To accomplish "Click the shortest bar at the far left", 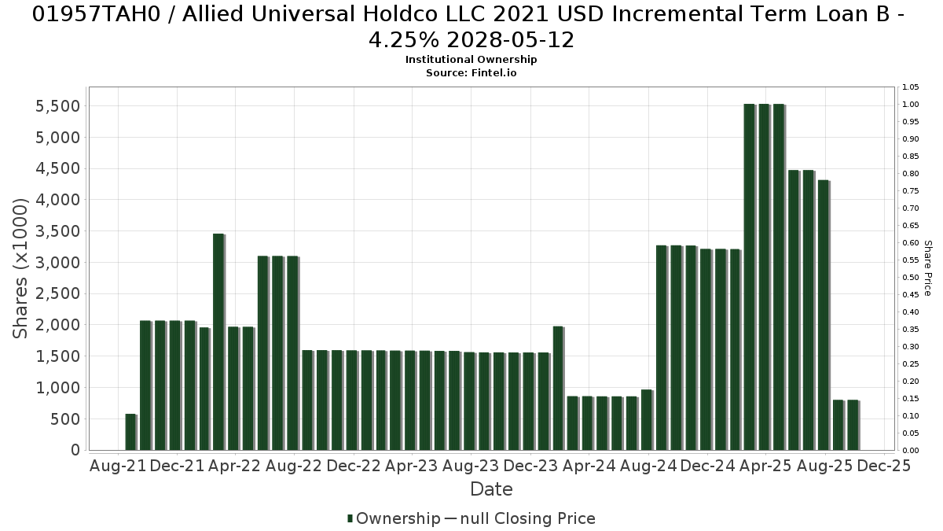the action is (x=131, y=432).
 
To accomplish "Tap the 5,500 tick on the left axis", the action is (x=57, y=106).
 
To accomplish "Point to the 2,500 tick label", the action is (x=57, y=293).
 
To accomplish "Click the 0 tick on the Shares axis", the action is (x=75, y=450).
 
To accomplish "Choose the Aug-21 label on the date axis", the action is (x=118, y=466).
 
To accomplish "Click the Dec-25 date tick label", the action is (x=883, y=466).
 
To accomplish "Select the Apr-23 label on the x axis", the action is (x=412, y=466).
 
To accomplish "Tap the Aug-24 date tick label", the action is (x=649, y=466).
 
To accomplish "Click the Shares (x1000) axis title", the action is (x=20, y=268).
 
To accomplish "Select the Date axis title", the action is (x=491, y=489).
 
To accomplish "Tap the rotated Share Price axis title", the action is (x=928, y=268).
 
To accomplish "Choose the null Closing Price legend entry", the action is (x=520, y=518).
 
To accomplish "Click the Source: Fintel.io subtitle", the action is (x=471, y=73).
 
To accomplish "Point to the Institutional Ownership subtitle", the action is (x=471, y=60).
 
